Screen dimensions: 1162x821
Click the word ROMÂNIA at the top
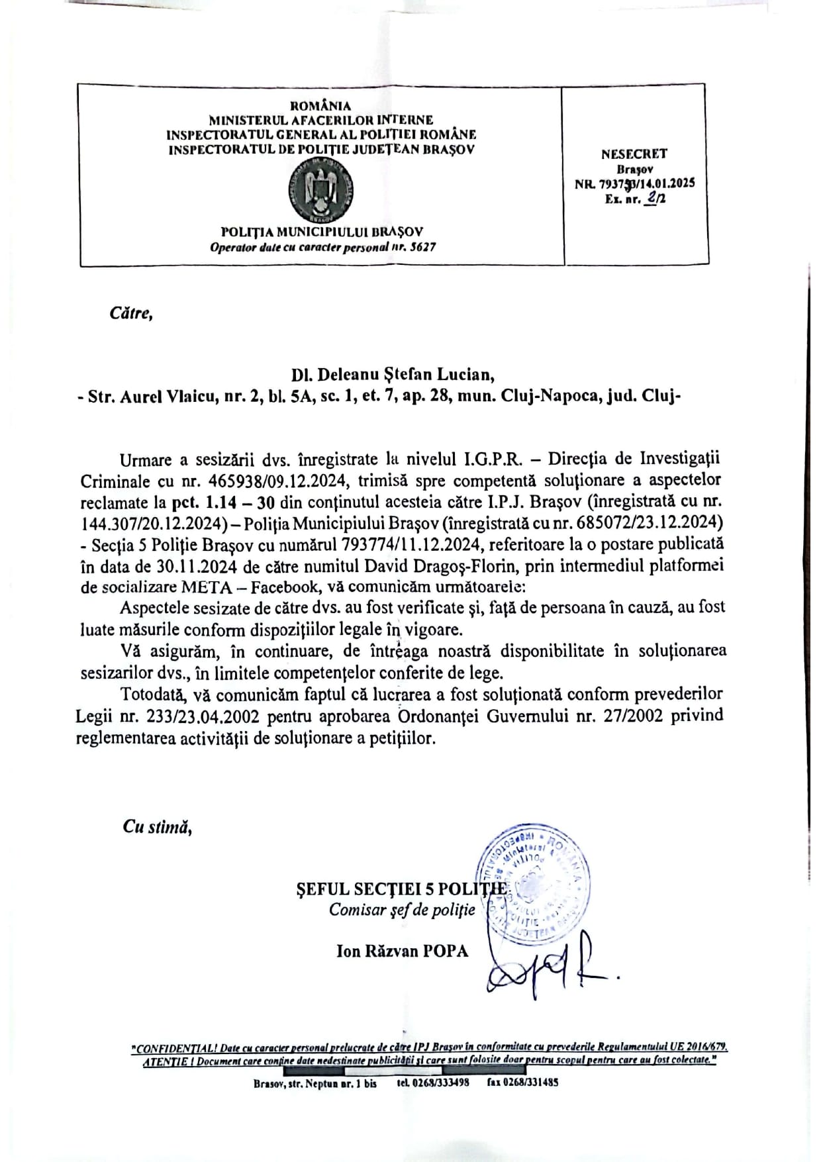coord(321,105)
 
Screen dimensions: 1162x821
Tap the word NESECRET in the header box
coord(634,154)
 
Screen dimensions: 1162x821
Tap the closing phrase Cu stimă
coord(157,827)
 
